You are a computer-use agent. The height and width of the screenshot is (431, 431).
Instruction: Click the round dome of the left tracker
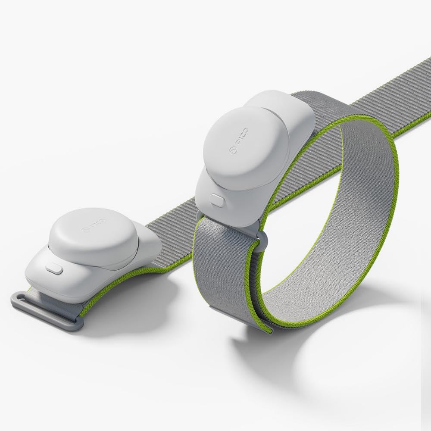point(91,237)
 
